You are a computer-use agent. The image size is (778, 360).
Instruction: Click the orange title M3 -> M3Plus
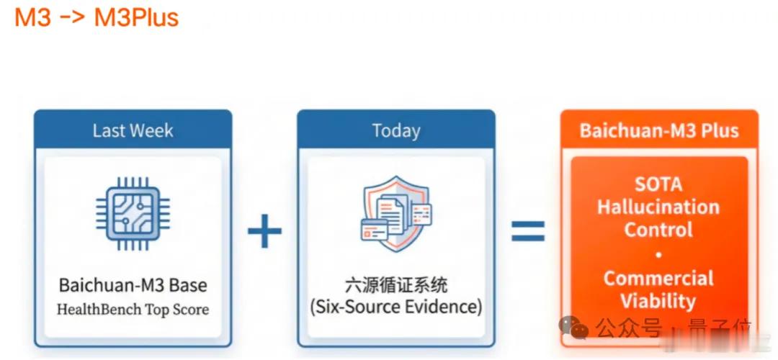point(97,18)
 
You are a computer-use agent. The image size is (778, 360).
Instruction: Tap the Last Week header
point(133,131)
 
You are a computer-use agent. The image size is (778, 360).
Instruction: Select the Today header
point(396,131)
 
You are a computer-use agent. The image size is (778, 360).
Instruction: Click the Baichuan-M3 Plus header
point(659,130)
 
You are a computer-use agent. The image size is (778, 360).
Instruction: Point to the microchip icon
point(133,215)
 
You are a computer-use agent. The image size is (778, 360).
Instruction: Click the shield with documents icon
point(396,213)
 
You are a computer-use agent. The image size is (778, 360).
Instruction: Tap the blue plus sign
point(264,230)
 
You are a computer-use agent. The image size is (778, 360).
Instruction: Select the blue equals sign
point(528,231)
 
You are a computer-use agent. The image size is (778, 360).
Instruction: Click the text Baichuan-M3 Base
point(133,285)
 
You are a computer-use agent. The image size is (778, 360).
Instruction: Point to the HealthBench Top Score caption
point(133,310)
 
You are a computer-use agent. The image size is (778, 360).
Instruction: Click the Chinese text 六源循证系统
point(396,285)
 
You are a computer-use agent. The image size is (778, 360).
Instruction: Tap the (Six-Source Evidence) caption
point(396,307)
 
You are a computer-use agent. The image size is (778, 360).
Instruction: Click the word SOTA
point(658,184)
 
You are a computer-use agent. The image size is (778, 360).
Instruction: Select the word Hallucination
point(658,207)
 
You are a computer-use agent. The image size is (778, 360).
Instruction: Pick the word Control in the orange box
point(658,230)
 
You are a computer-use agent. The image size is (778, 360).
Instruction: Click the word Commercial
point(658,278)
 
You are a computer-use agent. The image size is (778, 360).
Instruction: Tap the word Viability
point(658,301)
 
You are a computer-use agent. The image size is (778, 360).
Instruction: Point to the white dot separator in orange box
point(658,255)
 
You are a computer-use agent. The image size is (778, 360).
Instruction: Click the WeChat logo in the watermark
point(573,328)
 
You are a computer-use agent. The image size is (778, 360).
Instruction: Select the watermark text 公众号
point(629,328)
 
